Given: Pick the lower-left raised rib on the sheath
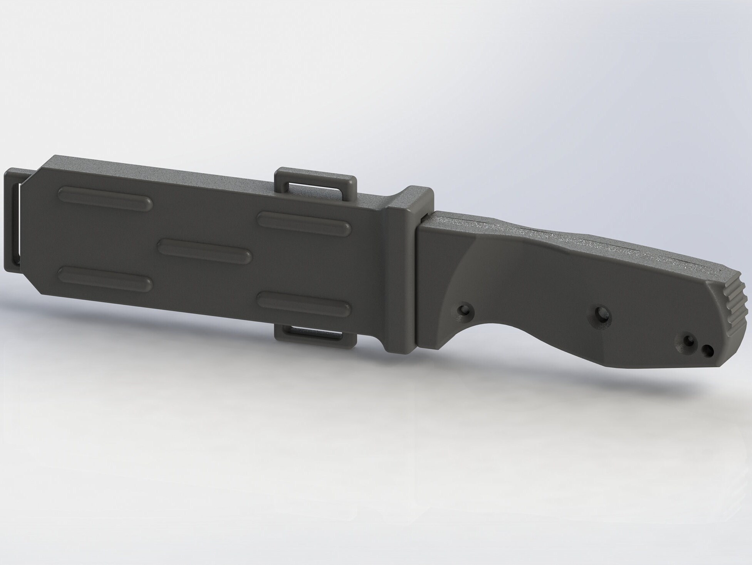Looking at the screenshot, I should [105, 278].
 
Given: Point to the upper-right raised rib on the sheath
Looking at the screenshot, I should [304, 224].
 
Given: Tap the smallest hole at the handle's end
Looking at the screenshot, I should [707, 350].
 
